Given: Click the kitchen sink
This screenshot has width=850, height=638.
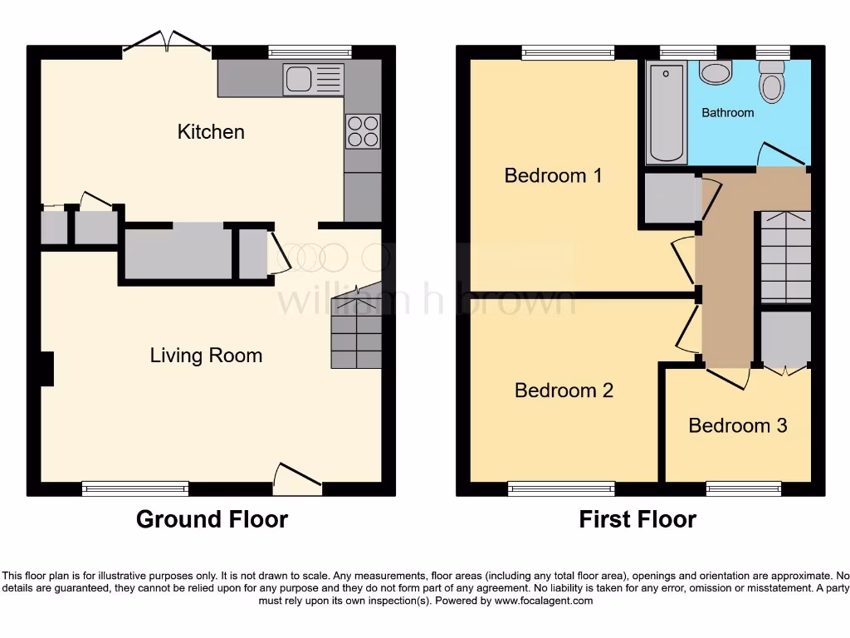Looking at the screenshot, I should [x=313, y=80].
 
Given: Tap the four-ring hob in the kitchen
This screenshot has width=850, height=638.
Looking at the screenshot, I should [x=363, y=131].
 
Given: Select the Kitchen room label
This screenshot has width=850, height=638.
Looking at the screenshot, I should [x=211, y=131].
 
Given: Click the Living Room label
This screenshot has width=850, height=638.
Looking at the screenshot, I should [x=206, y=356].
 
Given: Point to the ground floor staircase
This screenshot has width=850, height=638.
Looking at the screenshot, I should [x=357, y=332].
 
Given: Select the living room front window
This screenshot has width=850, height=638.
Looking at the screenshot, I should [x=135, y=489].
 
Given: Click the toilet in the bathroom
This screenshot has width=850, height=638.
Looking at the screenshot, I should [x=771, y=85].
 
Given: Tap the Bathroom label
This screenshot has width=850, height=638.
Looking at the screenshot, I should [x=728, y=112].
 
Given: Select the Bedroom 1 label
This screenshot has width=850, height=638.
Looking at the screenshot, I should [x=553, y=175].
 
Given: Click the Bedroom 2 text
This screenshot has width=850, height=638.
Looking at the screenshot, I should [x=564, y=390].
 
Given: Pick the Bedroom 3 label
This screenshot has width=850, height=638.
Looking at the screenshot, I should [x=737, y=425].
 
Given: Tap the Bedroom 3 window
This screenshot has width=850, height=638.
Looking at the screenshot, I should [x=743, y=489].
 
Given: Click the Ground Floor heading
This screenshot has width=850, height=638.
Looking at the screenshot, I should [x=212, y=519].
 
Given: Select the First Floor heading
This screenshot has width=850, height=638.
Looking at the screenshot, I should [x=637, y=519].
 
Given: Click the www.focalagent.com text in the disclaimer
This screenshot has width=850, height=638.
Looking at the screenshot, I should [x=545, y=601].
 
